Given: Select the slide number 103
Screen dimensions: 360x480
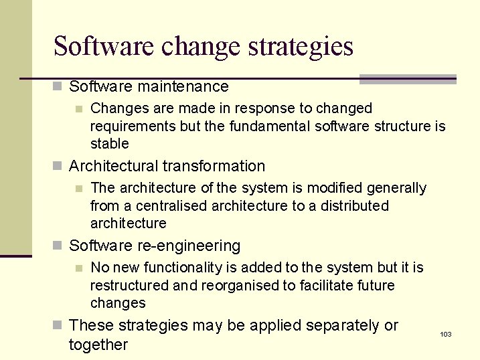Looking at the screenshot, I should (x=446, y=334).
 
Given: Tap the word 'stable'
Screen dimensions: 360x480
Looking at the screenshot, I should (x=109, y=143).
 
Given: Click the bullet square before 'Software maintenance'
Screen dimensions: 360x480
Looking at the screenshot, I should (x=58, y=87).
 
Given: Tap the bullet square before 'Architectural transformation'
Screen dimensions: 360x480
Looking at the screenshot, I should (x=58, y=167).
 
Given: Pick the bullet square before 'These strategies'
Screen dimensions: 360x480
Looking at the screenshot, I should (x=58, y=326).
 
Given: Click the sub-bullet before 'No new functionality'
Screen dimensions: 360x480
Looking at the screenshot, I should (x=79, y=268).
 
